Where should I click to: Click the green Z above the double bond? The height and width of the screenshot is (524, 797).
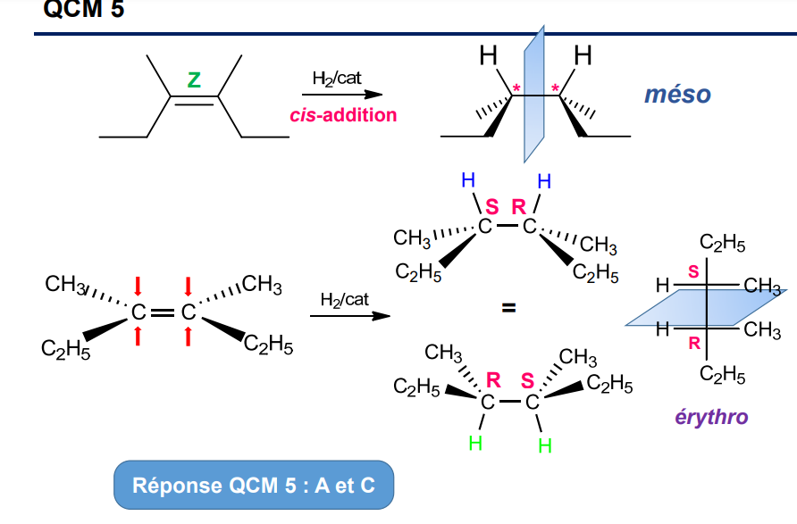click(x=194, y=79)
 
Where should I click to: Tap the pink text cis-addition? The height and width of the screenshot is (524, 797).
click(x=343, y=115)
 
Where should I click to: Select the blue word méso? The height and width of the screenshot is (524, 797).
click(x=678, y=95)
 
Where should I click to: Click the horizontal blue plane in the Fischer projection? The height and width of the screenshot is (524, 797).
click(x=706, y=309)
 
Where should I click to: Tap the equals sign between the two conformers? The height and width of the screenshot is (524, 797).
click(x=508, y=309)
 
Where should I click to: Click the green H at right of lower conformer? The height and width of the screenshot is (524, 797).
click(x=544, y=445)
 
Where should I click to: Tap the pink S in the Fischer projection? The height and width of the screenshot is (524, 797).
click(x=693, y=270)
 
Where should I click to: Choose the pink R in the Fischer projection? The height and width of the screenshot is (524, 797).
click(x=693, y=343)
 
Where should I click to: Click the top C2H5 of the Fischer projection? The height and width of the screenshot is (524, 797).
click(x=722, y=244)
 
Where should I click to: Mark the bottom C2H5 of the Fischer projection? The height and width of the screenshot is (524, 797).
click(x=722, y=376)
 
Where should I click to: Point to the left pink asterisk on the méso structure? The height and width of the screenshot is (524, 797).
click(x=516, y=87)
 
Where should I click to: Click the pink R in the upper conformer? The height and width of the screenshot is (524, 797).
click(x=518, y=208)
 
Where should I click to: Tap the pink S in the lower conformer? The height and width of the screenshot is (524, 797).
click(x=528, y=381)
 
